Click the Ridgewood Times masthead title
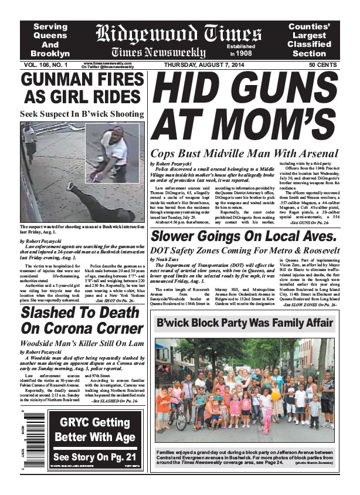178,33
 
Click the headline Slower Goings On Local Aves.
243,237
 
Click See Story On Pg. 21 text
94,457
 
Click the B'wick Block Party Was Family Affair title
245,323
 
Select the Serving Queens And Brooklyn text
50,40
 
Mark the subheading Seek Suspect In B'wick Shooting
82,114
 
